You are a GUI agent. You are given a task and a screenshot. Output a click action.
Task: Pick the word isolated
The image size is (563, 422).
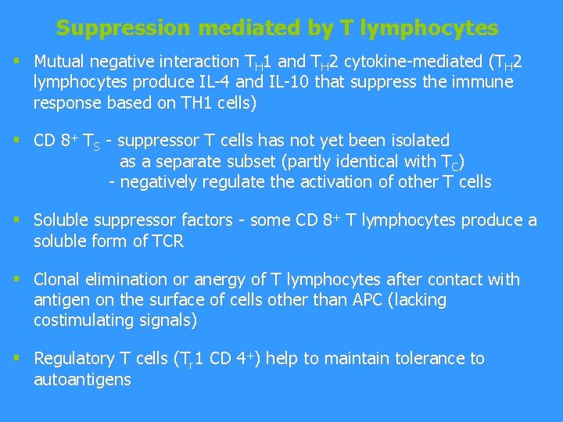click(x=421, y=141)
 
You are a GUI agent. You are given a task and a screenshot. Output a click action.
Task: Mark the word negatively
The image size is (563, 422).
click(x=159, y=182)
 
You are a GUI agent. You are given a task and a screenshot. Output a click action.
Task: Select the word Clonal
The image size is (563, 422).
click(x=56, y=280)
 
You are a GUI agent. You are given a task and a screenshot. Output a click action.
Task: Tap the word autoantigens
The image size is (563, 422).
click(x=82, y=380)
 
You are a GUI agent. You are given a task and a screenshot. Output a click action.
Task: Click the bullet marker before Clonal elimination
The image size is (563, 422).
click(x=17, y=279)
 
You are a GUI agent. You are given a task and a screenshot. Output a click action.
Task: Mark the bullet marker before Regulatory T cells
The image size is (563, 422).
click(x=17, y=358)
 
